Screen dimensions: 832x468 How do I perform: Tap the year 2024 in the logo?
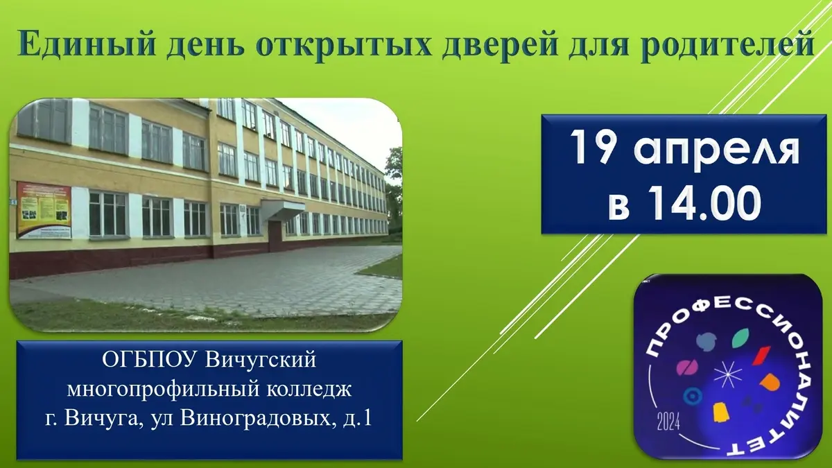668,421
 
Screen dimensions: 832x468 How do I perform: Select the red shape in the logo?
761,355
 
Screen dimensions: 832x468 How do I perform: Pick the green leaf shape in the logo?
740,338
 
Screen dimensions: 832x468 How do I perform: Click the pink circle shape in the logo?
687,367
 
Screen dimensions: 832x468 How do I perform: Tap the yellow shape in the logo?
721,412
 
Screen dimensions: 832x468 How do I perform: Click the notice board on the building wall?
44,210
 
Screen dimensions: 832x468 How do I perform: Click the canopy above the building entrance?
283,208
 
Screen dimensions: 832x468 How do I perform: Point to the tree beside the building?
394,186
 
